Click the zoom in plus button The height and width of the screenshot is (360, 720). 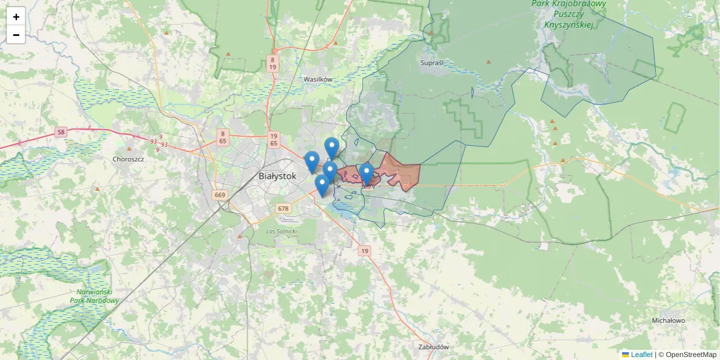point(16,16)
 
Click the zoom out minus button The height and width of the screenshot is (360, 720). point(16,35)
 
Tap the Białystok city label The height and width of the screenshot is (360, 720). point(277,176)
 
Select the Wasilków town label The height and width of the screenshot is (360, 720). point(318,79)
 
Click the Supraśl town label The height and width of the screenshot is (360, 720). point(432,62)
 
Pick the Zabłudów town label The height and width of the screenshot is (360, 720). point(434,347)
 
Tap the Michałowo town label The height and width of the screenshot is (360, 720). point(668,320)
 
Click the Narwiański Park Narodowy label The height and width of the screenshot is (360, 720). point(94,296)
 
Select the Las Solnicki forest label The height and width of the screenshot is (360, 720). point(281,230)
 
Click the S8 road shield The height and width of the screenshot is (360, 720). point(61,132)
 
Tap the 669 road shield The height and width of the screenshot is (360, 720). point(220,195)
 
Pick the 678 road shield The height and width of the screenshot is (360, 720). point(283,209)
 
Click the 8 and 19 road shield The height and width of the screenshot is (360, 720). point(273,64)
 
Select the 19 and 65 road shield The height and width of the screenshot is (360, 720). point(274,139)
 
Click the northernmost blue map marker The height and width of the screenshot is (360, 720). point(332,148)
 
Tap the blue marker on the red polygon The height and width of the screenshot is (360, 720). point(366,174)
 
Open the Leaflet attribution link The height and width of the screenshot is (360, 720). point(641,355)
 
